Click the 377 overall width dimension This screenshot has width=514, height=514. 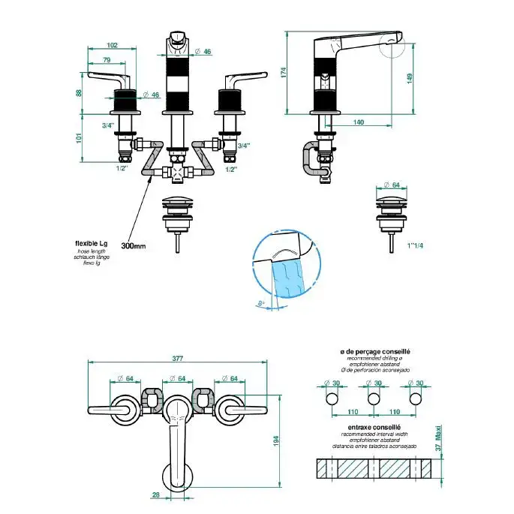coord(178,359)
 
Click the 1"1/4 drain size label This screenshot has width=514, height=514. coord(413,245)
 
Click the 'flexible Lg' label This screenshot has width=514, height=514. coord(92,244)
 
